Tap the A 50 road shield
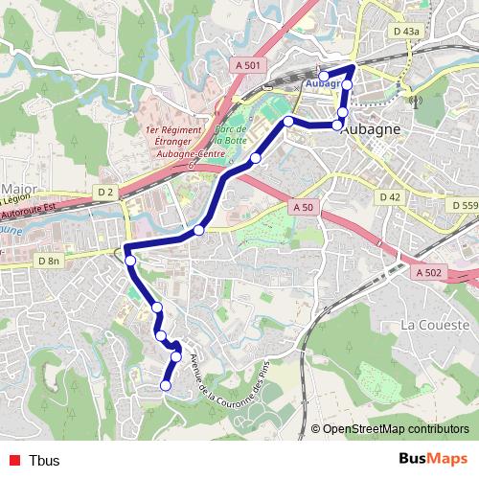pos(303,207)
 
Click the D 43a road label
pos(405,32)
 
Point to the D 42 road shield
pos(389,196)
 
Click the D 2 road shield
pos(105,193)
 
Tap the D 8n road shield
pos(49,261)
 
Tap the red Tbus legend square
pos(11,460)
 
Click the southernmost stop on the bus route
pos(165,385)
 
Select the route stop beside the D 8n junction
pos(130,260)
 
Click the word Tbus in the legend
pos(44,460)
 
